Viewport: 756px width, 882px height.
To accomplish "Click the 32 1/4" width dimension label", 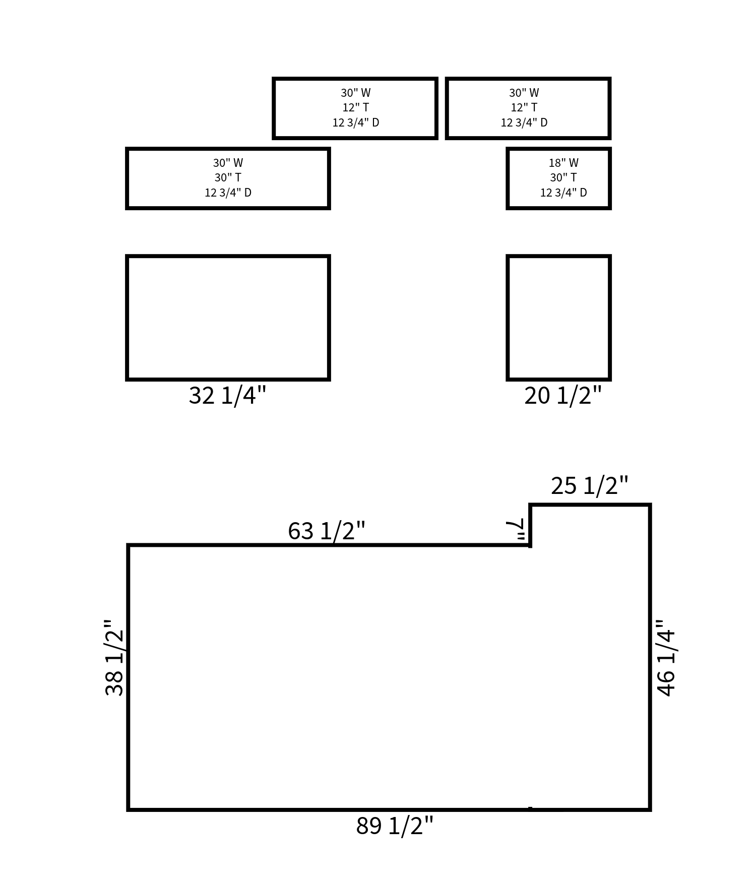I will click(x=227, y=396).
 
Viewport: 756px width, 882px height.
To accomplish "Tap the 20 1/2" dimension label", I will click(x=563, y=396).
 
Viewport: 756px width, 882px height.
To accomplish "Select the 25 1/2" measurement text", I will click(x=590, y=486).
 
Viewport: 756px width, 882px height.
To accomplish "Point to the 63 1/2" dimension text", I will click(x=327, y=531).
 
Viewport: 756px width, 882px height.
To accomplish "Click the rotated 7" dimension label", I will click(x=516, y=530).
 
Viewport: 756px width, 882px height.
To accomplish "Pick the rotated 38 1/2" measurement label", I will click(x=115, y=658).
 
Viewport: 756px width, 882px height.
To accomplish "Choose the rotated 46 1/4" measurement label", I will click(x=666, y=658).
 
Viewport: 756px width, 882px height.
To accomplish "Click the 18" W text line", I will click(x=563, y=163).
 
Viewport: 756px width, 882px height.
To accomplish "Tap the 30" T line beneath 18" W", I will click(x=563, y=177).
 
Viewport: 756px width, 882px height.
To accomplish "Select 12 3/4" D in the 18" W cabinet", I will click(x=563, y=193).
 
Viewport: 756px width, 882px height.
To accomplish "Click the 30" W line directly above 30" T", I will click(x=228, y=163).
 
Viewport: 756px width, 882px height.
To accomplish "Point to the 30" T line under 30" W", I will click(x=228, y=177).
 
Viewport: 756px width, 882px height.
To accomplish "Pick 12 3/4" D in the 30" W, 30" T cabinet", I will click(x=228, y=193).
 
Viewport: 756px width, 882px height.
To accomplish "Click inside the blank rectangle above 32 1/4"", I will click(x=228, y=318).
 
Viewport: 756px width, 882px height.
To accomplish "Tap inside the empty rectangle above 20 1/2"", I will click(x=559, y=318).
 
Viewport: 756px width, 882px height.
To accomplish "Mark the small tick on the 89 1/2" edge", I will click(x=530, y=808).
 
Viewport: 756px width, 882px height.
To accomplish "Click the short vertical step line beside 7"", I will click(x=530, y=525).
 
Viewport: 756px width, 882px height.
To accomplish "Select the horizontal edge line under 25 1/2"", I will click(x=590, y=505).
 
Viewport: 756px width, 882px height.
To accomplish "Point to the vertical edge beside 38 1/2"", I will click(x=129, y=675).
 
